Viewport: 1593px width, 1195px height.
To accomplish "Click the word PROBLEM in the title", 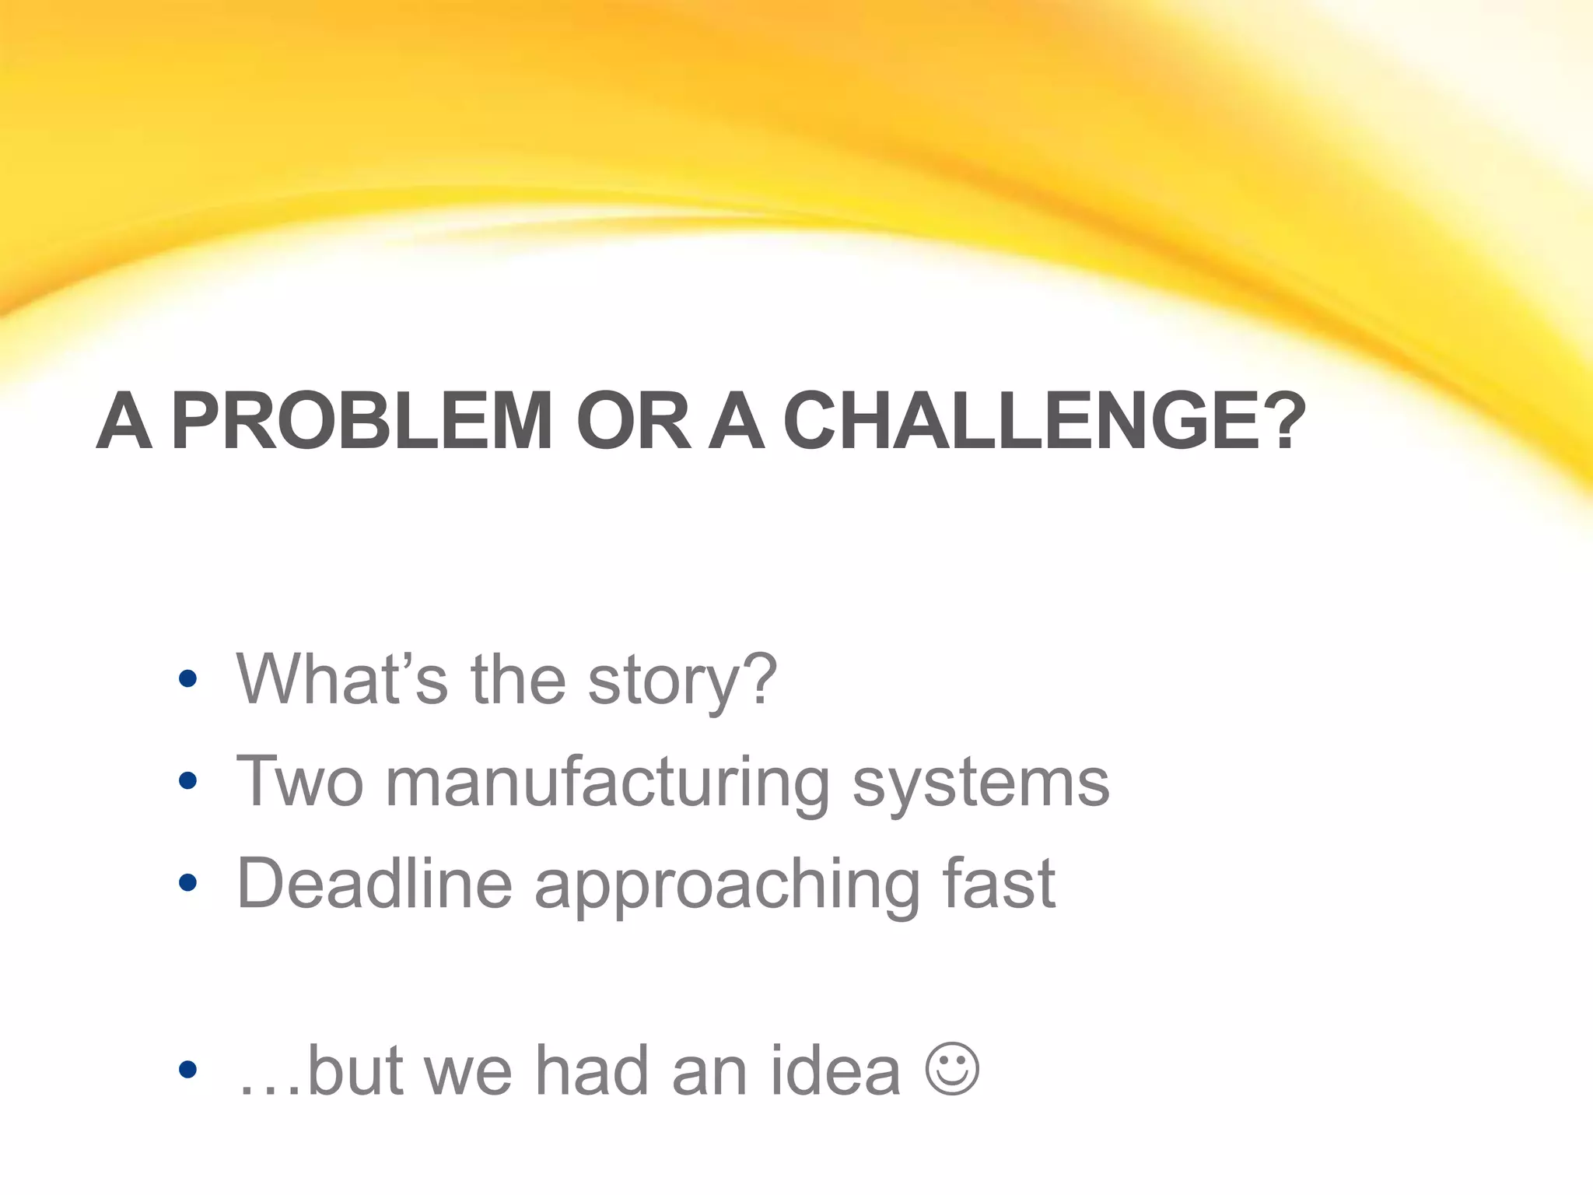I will click(x=362, y=421).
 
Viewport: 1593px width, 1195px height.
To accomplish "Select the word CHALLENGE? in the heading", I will click(x=1044, y=421).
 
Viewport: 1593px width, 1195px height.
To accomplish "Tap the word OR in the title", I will click(x=633, y=421).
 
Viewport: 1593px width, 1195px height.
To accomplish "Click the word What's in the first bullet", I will click(x=342, y=679).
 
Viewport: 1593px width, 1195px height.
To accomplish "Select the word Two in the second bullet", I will click(x=299, y=781).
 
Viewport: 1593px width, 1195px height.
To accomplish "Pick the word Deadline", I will click(x=374, y=883).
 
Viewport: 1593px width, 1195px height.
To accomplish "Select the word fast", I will click(x=999, y=883).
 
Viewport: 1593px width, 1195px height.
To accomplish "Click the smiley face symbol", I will click(x=951, y=1069).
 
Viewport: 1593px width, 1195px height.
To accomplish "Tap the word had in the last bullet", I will click(x=591, y=1071).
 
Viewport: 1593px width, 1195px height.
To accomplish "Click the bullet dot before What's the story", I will click(x=187, y=679).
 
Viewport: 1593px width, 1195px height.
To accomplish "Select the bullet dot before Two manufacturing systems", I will click(x=187, y=780).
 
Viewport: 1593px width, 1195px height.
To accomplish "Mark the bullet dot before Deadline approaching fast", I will click(x=187, y=882).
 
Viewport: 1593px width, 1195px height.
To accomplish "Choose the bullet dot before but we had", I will click(x=187, y=1070).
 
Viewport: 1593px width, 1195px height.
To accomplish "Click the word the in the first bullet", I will click(x=518, y=679).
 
